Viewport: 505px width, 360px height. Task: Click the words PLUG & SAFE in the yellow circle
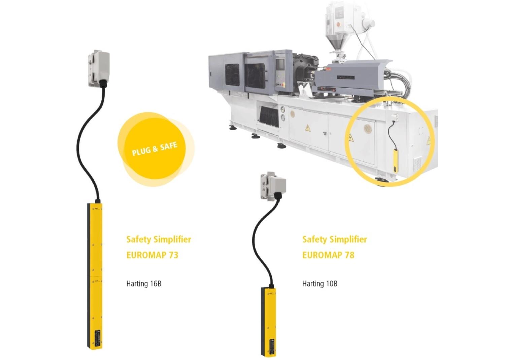[x=155, y=149]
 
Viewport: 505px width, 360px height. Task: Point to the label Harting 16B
[x=144, y=284]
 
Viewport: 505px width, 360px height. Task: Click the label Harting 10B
[x=320, y=284]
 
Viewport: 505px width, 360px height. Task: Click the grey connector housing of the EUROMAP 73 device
[x=99, y=68]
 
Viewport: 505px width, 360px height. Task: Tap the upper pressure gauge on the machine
[x=283, y=110]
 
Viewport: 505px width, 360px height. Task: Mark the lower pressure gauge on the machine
[x=283, y=118]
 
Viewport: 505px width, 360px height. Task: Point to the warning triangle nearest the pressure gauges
[x=308, y=128]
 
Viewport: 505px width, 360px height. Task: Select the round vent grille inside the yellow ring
[x=368, y=129]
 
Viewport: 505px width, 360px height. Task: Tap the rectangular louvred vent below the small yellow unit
[x=417, y=164]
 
